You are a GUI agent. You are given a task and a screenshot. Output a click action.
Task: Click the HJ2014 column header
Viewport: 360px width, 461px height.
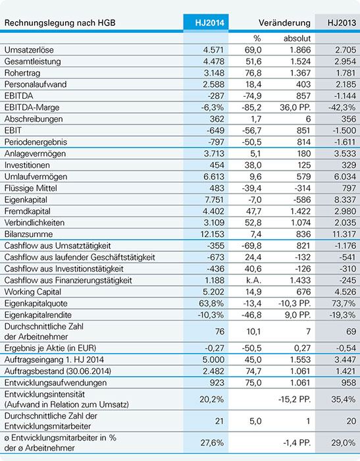tap(209, 22)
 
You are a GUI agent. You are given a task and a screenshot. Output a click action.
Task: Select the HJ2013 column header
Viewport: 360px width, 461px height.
tap(342, 22)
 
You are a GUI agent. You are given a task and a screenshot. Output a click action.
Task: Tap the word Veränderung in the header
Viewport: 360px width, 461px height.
tap(284, 22)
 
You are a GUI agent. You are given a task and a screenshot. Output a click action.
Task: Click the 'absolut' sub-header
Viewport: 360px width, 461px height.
tap(297, 38)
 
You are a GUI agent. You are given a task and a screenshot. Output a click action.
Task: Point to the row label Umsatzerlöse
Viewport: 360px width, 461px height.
tap(29, 49)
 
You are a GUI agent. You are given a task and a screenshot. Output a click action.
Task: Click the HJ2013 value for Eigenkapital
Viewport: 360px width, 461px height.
tap(346, 200)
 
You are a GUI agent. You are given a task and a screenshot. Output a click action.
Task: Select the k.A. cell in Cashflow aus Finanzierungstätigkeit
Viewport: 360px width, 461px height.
tap(253, 280)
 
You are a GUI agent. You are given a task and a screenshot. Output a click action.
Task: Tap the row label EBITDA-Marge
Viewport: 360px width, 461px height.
tap(32, 107)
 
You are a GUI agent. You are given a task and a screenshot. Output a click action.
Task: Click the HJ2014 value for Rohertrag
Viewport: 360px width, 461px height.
tap(213, 73)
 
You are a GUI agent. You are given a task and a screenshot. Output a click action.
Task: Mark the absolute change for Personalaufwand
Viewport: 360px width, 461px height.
tap(303, 84)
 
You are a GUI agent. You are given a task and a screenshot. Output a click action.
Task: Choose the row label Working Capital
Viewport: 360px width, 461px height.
tap(33, 292)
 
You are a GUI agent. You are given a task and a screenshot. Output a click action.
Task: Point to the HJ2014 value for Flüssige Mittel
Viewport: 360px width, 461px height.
tap(216, 188)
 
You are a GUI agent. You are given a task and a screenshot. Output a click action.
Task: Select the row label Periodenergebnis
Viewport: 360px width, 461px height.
tap(36, 142)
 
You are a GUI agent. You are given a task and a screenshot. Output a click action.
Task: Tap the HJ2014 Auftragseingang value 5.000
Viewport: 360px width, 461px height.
tap(213, 360)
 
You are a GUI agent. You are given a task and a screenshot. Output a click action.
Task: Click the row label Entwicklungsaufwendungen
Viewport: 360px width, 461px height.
tap(55, 383)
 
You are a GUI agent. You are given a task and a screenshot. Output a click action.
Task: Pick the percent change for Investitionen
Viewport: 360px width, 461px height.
tap(253, 165)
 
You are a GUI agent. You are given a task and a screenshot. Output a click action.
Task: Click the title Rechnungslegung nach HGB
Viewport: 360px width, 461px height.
tap(60, 22)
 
